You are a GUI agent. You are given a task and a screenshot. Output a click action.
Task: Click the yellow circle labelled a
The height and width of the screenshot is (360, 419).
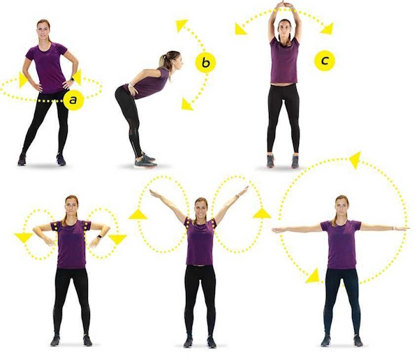73,100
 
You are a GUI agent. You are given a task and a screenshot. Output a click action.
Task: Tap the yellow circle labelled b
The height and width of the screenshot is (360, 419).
205,63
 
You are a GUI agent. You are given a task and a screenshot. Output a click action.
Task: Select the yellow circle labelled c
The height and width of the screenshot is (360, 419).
325,61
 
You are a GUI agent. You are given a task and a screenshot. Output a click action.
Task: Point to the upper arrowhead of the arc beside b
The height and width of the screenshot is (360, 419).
182,25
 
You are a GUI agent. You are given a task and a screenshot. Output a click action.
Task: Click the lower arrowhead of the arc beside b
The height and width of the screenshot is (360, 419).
187,104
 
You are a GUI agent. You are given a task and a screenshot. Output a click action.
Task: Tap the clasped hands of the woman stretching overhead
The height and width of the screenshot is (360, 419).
285,4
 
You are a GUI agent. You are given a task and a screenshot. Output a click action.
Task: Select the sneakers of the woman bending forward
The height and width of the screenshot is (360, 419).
145,161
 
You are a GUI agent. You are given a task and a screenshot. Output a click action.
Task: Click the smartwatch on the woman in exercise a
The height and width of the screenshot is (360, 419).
72,79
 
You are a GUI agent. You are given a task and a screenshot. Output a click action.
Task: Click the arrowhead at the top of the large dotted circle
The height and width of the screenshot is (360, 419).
355,160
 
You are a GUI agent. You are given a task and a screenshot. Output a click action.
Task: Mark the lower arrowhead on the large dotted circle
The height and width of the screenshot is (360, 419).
313,276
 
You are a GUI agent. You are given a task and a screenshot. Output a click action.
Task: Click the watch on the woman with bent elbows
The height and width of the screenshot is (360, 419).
100,237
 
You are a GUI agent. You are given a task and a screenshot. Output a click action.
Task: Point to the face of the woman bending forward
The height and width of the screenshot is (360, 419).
177,61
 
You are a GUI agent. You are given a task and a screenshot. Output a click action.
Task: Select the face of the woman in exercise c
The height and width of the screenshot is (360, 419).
285,31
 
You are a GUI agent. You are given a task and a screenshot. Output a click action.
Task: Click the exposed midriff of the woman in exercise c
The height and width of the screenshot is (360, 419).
284,84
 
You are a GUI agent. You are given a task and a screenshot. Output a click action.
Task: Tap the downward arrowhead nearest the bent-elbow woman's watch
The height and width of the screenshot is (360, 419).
117,239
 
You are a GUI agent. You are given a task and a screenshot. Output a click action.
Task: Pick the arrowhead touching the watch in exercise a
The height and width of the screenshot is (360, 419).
77,77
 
